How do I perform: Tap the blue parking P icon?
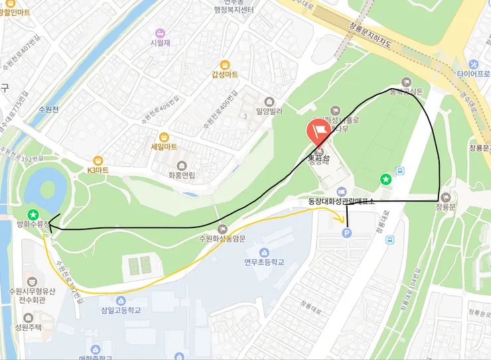click(346, 233)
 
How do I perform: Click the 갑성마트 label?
click(224, 74)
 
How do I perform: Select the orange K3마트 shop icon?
click(98, 160)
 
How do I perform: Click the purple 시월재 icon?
click(160, 33)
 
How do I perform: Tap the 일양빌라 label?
click(268, 113)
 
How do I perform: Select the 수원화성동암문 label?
click(222, 239)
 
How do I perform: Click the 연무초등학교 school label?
click(263, 262)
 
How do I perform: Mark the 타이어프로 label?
click(472, 74)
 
